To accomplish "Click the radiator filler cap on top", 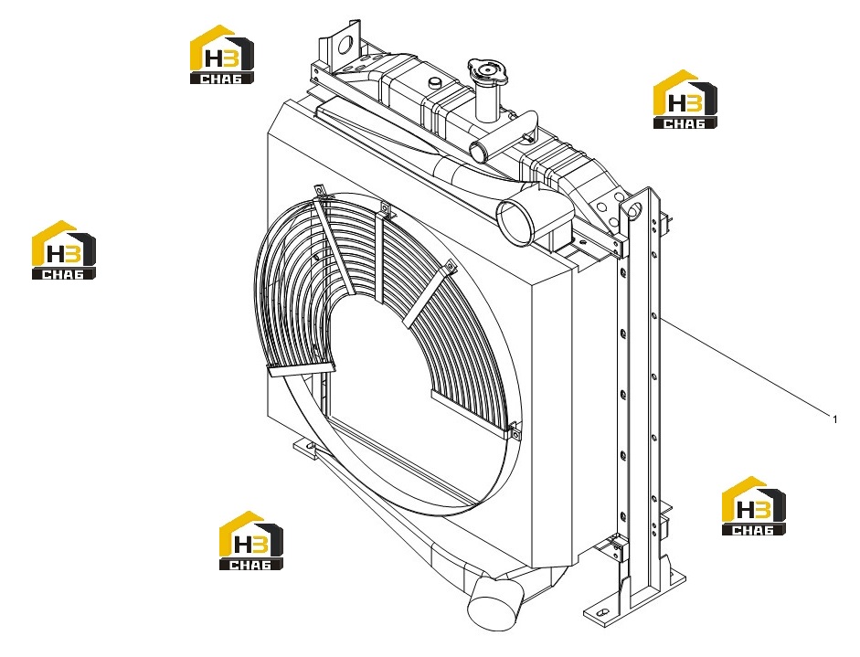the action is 489,69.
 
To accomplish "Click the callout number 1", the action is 834,419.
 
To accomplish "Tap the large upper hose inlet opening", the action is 515,224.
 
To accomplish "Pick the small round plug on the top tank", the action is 437,82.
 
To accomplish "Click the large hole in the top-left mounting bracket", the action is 345,45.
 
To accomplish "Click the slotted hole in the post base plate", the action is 602,611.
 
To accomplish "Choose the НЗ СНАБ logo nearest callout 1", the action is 753,505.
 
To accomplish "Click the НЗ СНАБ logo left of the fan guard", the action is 64,250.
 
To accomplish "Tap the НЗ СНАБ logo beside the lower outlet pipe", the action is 250,541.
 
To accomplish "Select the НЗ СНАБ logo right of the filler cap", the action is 685,100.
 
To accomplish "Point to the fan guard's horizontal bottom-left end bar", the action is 301,370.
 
